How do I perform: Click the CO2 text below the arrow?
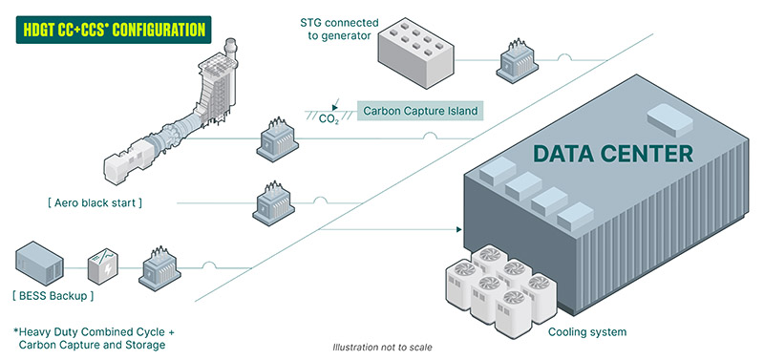tap(329, 119)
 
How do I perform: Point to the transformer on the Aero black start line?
tap(268, 202)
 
